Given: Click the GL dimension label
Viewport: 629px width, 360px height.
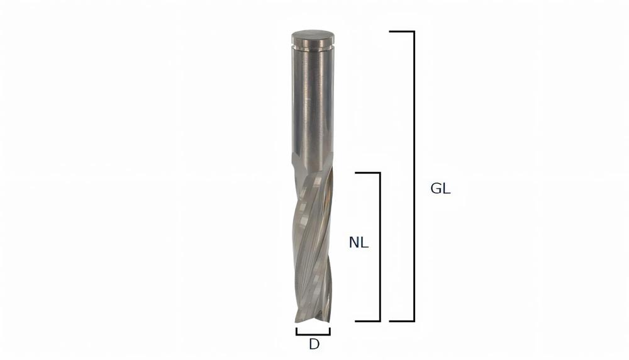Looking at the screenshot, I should pos(440,189).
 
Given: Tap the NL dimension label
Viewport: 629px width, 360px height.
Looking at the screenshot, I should pos(359,242).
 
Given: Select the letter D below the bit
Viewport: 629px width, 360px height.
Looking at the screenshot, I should pos(313,344).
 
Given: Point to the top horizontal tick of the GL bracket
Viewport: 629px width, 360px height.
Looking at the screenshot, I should pos(401,31).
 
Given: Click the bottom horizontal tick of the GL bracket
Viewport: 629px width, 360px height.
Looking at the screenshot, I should pos(401,321).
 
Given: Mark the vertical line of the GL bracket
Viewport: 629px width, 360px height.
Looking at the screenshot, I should pos(413,176).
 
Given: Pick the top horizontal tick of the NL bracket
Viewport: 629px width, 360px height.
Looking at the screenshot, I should pos(367,172).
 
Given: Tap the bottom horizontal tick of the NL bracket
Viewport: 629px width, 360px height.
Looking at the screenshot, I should pos(367,321).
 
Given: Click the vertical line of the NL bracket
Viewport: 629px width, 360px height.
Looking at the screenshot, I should pos(380,247).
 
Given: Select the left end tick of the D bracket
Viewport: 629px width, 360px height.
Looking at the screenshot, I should pos(297,331).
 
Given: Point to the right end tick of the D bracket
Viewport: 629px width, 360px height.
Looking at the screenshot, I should pos(330,331).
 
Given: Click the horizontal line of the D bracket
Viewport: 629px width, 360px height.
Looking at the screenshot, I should pos(313,334).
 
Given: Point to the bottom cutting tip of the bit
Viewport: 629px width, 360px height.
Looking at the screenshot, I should pos(313,320).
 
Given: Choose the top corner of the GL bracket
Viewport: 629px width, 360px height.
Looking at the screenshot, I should pos(413,31).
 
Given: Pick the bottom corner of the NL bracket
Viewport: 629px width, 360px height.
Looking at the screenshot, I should pos(380,321).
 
